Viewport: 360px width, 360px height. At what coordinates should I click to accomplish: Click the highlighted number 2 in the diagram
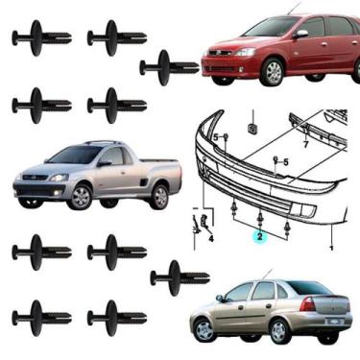259,237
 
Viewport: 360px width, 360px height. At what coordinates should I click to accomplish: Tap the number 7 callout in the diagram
305,145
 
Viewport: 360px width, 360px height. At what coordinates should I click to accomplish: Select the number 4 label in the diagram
211,238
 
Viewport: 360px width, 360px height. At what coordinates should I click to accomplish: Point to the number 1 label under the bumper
332,248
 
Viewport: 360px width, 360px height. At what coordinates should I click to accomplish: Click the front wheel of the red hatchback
273,72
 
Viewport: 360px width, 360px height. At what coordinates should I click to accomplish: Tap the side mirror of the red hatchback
300,35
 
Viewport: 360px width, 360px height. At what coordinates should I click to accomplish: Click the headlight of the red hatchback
246,52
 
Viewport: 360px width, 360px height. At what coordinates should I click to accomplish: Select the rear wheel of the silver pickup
159,197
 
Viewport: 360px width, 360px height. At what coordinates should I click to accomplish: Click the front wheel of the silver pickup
80,197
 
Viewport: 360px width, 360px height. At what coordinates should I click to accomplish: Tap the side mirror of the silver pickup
104,163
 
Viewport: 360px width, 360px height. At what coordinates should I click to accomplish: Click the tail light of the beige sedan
307,304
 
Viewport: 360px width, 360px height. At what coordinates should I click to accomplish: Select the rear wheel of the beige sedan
279,330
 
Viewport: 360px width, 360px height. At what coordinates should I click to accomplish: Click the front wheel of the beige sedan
204,329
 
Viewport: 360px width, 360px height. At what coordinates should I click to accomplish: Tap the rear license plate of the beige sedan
335,321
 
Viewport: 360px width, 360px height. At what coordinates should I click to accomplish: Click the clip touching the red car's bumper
169,68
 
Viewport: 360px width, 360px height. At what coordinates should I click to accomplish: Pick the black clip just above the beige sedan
180,278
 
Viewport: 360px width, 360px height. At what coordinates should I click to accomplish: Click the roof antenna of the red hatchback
295,9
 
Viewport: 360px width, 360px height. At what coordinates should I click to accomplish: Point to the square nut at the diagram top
252,129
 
